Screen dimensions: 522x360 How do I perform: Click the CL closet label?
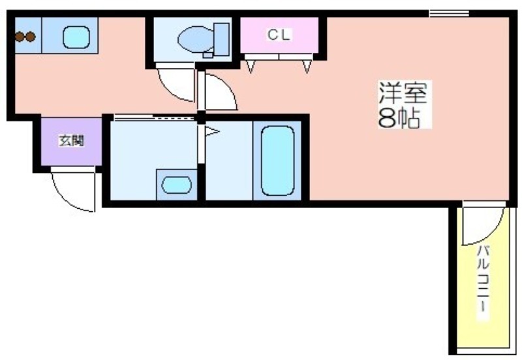point(279,35)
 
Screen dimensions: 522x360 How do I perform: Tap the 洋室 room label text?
point(403,92)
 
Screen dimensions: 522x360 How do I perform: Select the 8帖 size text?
point(399,117)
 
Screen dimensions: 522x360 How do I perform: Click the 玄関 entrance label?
point(71,141)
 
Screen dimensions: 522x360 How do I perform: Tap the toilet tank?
point(221,39)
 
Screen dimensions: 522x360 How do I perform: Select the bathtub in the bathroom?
point(278,160)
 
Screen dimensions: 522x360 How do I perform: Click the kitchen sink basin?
point(76,38)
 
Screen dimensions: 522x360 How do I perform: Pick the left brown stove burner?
point(20,37)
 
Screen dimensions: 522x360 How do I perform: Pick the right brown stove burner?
point(30,37)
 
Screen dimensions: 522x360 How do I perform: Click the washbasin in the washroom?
point(176,185)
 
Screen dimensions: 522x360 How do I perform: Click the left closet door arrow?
point(251,67)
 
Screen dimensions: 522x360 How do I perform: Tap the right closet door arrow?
point(307,67)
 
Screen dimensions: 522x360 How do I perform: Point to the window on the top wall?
point(449,14)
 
